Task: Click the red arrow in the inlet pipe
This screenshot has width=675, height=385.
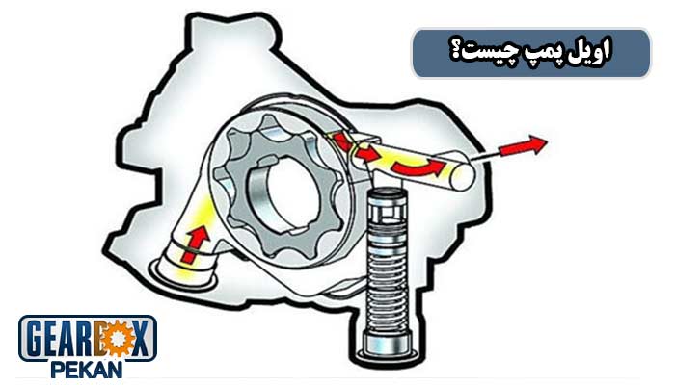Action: point(196,244)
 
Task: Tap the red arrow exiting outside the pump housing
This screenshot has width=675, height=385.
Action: point(523,145)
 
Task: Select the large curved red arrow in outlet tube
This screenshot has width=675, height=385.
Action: point(418,167)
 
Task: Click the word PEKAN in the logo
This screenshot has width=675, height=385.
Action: point(87,371)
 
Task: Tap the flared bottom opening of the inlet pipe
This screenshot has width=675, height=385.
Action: point(182,272)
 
